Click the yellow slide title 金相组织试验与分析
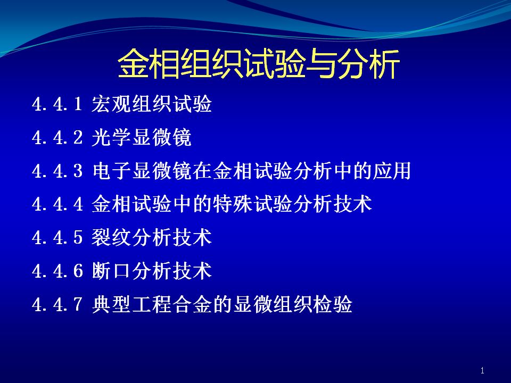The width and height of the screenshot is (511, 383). (259, 64)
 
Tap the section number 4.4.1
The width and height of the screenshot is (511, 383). (57, 104)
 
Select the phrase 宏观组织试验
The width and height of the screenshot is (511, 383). (152, 104)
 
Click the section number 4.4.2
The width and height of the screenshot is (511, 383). (57, 137)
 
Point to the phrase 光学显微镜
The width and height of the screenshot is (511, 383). (142, 137)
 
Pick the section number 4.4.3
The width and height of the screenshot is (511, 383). (57, 171)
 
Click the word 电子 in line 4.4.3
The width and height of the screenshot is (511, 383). (111, 171)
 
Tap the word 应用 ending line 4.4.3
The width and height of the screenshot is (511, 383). (391, 171)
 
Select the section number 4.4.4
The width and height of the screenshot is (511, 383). (57, 204)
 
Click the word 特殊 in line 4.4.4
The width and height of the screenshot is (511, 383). (232, 204)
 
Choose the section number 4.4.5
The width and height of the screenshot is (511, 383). (57, 237)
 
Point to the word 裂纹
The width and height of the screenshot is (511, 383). (111, 237)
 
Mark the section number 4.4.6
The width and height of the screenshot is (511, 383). (57, 271)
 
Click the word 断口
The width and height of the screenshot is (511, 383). (111, 271)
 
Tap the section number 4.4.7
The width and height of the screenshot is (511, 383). (57, 304)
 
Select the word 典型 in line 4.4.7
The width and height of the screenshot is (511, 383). (111, 304)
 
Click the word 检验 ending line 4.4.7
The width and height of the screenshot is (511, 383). (333, 304)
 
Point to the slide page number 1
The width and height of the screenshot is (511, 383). (482, 370)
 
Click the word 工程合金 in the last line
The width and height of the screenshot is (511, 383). (172, 304)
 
